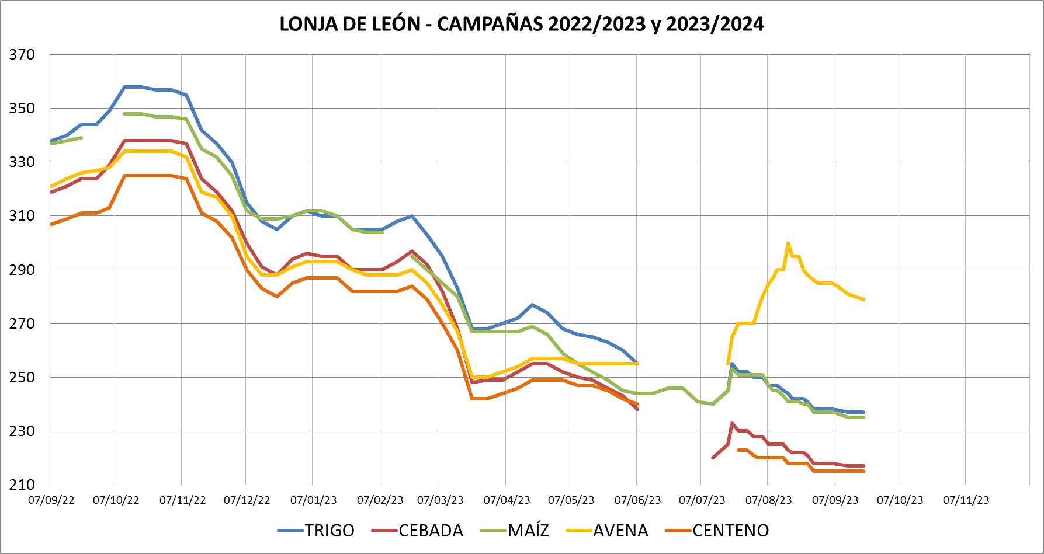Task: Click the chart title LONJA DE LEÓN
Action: pyautogui.click(x=350, y=24)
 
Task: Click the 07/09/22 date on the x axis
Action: pyautogui.click(x=51, y=500)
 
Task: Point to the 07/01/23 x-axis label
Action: pyautogui.click(x=313, y=500)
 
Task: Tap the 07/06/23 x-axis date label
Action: pyautogui.click(x=637, y=500)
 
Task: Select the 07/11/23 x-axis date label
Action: pyautogui.click(x=966, y=500)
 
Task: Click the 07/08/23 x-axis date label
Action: pyautogui.click(x=768, y=500)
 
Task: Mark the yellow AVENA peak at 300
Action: pyautogui.click(x=788, y=243)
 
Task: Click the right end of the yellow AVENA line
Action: pyautogui.click(x=863, y=299)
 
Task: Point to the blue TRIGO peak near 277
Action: pyautogui.click(x=532, y=305)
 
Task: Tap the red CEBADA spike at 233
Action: pyautogui.click(x=732, y=423)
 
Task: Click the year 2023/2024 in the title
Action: pyautogui.click(x=715, y=24)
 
